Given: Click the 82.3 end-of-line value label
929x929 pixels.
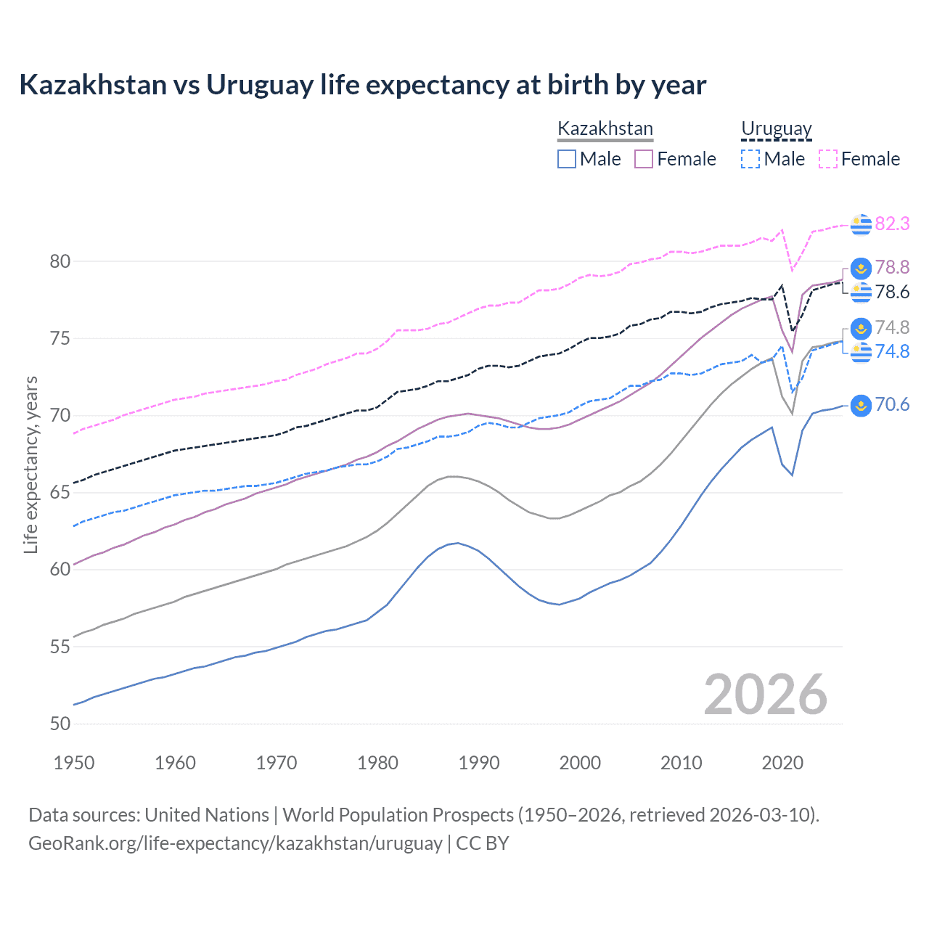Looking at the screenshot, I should coord(892,224).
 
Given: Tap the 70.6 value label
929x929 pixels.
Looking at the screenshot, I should coord(892,404).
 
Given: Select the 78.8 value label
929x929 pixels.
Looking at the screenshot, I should coord(892,267).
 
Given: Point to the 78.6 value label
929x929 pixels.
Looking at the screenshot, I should coord(892,292).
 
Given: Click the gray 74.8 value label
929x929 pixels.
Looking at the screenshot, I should coord(892,327).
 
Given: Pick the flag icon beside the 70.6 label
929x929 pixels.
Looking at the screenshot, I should coord(861,405).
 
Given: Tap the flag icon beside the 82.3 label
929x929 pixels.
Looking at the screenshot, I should coord(861,224).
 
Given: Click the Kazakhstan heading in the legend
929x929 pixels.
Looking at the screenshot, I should coord(605,128).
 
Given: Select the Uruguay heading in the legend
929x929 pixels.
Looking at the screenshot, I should coord(776,128).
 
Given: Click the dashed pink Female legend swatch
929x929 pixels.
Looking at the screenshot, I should coord(828,159).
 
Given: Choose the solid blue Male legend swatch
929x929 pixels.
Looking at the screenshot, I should coord(567,159).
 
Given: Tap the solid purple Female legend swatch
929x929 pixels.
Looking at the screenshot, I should coord(644,159).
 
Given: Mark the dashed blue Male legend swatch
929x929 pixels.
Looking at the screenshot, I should coord(750,159).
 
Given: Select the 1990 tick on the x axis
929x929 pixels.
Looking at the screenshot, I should coord(479,763).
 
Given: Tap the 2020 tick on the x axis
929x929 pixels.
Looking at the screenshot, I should coord(782,763).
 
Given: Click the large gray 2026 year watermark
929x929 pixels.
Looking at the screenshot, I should coord(765,695).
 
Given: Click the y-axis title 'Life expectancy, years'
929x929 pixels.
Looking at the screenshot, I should coord(30,464).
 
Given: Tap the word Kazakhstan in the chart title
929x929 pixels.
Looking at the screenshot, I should coord(93,85).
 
